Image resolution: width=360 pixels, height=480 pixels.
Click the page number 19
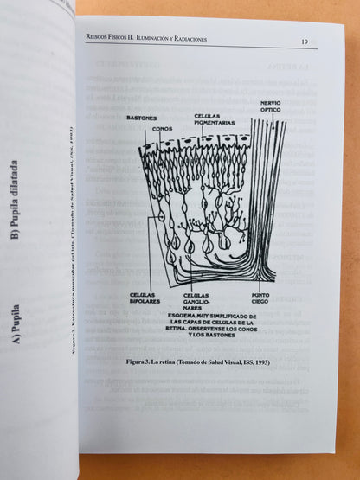click(x=305, y=42)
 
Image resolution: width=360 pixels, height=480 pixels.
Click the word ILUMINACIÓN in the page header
click(x=150, y=38)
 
